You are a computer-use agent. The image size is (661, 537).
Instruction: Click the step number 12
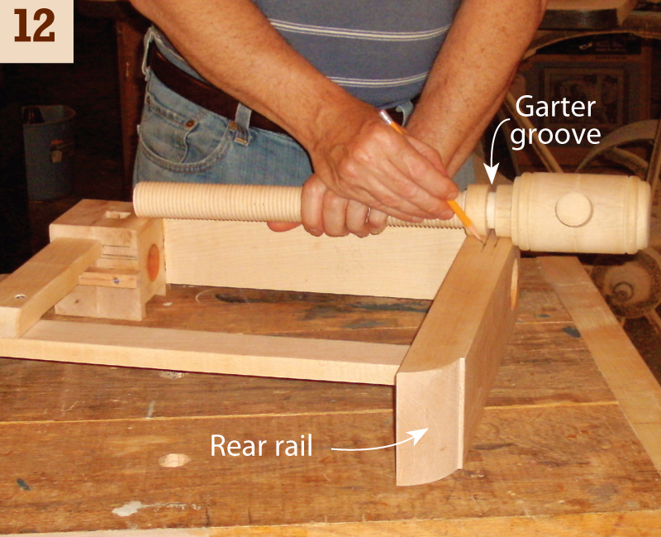pos(35,26)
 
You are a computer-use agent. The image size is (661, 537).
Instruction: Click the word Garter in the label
pos(554,107)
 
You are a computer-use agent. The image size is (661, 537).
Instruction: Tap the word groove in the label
pos(555,135)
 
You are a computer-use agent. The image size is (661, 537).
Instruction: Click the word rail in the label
pos(295,445)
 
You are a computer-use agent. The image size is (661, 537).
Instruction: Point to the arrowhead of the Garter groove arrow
pos(491,176)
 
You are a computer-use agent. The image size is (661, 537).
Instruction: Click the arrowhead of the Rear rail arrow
pos(421,435)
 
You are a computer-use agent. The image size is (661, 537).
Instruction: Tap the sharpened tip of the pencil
pos(481,239)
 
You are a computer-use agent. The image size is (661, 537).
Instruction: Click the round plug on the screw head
pos(573,209)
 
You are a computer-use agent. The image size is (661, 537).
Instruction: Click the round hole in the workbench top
pos(174,460)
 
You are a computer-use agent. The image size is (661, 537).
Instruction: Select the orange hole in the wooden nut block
pos(153,261)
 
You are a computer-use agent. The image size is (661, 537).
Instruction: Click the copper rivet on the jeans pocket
pos(191,123)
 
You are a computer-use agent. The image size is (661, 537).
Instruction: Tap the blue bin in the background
pos(49,151)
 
